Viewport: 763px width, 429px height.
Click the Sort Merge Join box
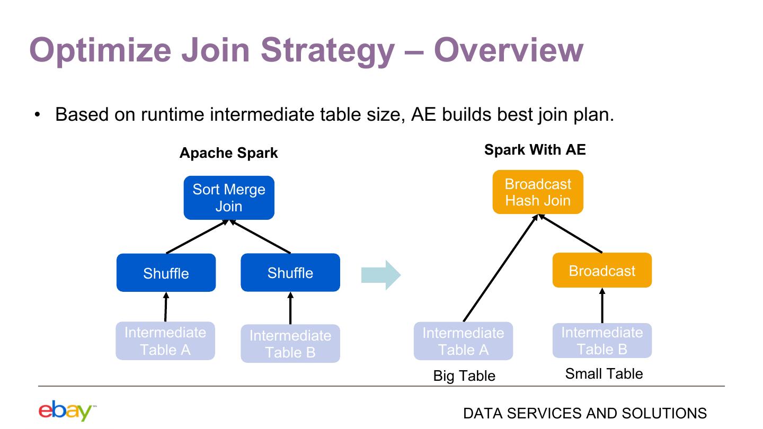coord(229,198)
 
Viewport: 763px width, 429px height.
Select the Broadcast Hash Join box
coord(538,192)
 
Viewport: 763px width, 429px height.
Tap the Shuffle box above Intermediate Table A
coord(166,273)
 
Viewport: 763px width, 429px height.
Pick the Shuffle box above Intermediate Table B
coord(290,272)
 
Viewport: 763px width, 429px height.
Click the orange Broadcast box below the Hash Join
coord(602,270)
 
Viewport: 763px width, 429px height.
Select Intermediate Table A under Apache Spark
coord(165,341)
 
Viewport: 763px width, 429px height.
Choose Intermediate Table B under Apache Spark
coord(290,344)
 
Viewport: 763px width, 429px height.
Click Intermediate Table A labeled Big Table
coord(463,341)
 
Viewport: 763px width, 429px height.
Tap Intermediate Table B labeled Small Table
coord(602,341)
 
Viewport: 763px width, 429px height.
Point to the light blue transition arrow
coord(381,275)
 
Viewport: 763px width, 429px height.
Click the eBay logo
coord(67,410)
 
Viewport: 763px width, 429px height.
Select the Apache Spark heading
coord(228,153)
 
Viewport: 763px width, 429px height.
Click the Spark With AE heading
coord(535,150)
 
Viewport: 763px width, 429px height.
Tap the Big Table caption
coord(464,376)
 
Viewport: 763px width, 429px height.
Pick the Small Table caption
coord(604,374)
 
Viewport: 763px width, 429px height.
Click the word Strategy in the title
coord(327,51)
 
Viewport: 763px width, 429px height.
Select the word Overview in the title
coord(509,50)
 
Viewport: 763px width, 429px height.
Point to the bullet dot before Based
coord(37,115)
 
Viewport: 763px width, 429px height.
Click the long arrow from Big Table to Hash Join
coord(500,268)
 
